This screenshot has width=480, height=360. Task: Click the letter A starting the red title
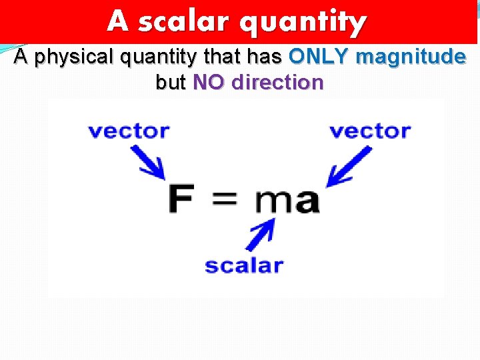coord(117,21)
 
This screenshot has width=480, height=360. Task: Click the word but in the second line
coord(171,83)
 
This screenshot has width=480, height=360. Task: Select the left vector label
coord(129,131)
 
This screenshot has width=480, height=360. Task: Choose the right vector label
coord(370,131)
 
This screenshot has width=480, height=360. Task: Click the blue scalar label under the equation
coord(244,265)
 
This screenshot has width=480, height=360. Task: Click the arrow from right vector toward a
coord(350,165)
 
